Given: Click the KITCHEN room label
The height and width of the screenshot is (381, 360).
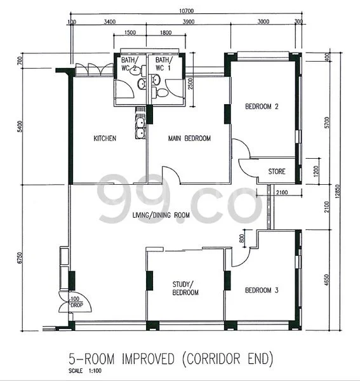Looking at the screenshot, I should coord(105,138).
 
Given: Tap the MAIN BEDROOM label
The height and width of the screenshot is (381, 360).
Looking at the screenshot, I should coord(189,138).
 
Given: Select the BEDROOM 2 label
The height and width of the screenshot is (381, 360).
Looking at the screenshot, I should coord(262,107).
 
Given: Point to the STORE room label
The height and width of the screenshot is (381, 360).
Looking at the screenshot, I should coord(276,171).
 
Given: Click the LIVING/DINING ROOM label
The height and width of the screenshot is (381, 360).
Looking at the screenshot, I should coord(161,216).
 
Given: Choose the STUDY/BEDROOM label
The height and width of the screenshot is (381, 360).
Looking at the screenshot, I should coord(185,288).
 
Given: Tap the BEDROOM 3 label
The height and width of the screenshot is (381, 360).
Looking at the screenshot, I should coord(262,290).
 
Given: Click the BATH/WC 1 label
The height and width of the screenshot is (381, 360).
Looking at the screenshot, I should coord(163,64).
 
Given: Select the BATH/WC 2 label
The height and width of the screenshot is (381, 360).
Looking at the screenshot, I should coord(130,64).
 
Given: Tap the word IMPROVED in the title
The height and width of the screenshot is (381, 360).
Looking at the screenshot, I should coord(148,359).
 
